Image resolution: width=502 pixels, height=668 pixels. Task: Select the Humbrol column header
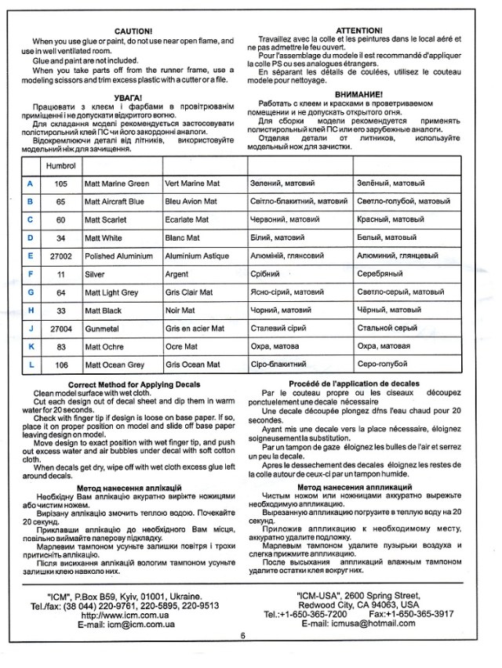[60, 166]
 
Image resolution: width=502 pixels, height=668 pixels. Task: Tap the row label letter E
[30, 256]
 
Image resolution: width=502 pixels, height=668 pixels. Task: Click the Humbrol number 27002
[60, 256]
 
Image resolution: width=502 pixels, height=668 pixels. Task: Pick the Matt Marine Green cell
[116, 183]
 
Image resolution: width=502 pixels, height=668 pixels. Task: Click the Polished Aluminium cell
[118, 256]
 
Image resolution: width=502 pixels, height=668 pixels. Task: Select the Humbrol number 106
[60, 365]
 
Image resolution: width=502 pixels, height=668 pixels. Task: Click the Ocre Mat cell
[182, 347]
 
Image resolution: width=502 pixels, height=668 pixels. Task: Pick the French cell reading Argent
[176, 274]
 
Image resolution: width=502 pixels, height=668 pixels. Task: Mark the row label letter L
[30, 365]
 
